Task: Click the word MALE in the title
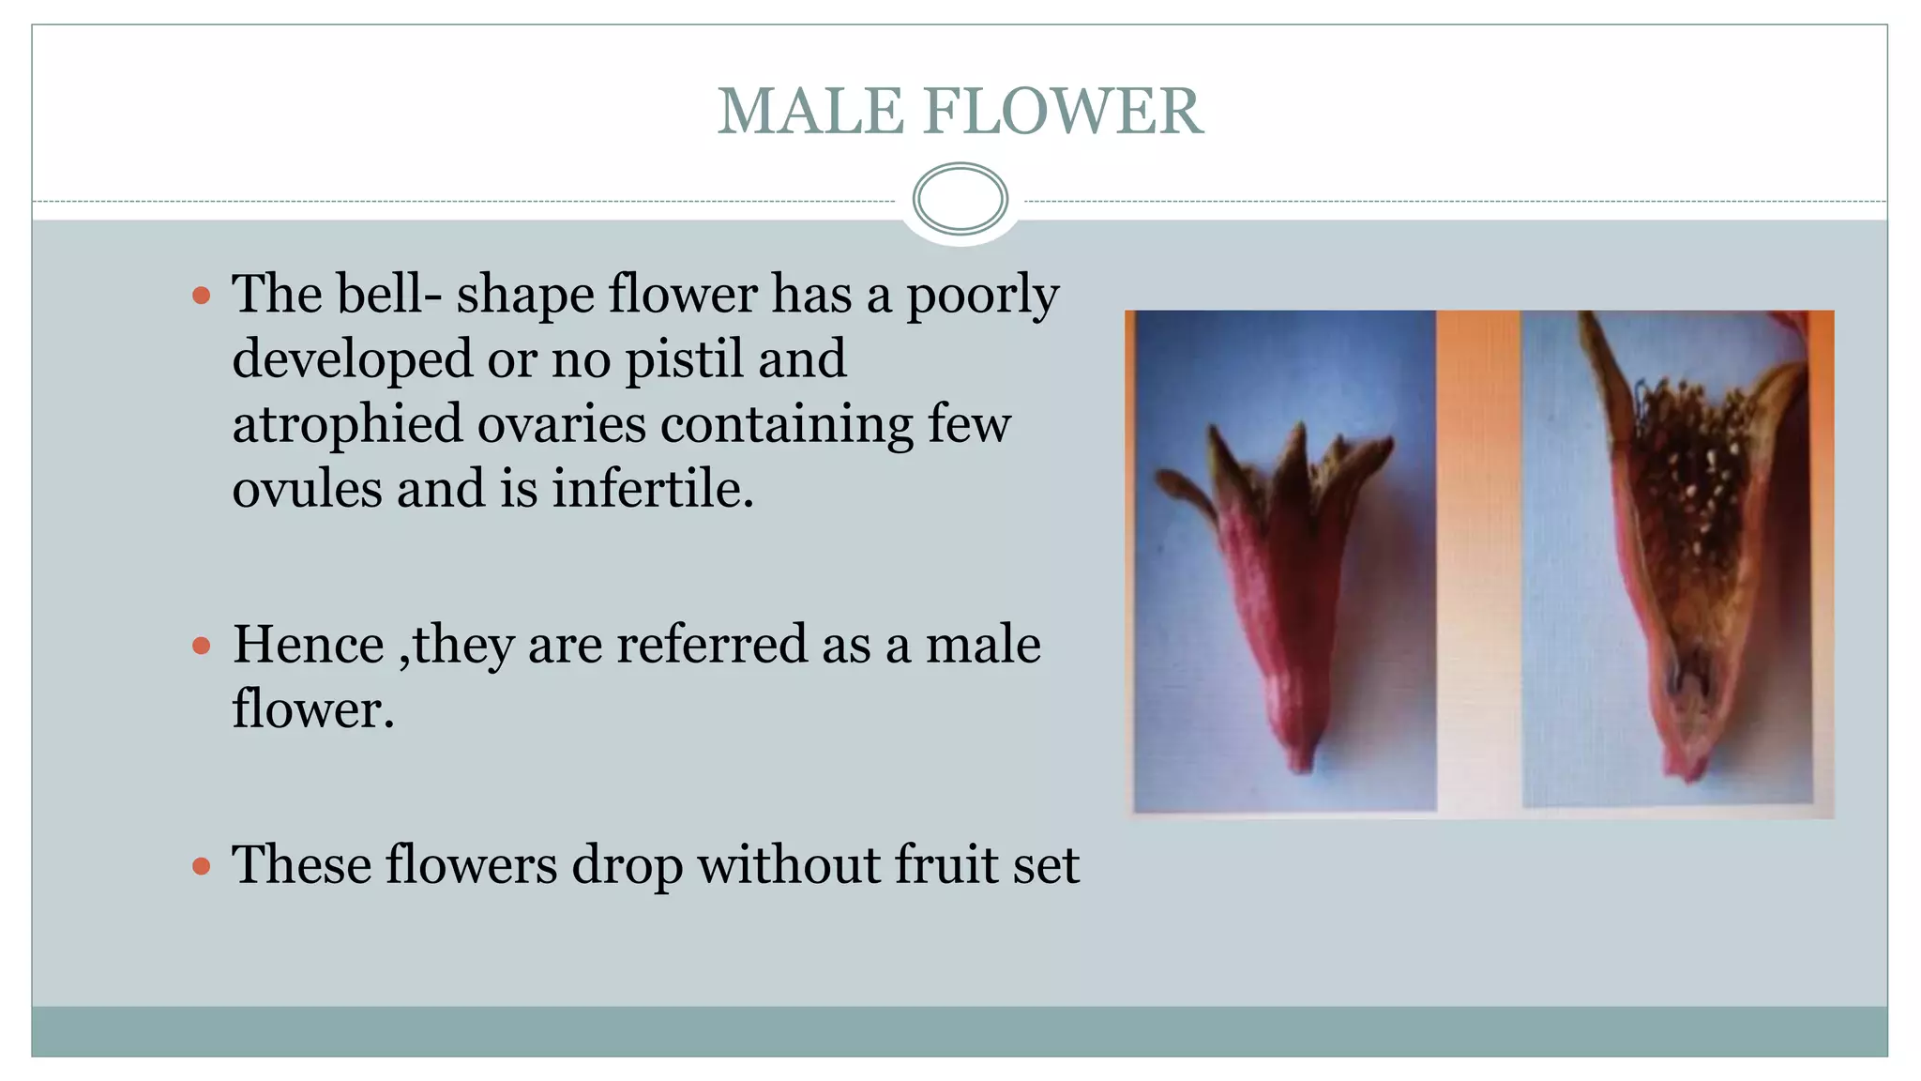[810, 112]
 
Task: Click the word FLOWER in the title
[1063, 112]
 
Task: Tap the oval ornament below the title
[960, 198]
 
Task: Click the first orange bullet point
[201, 297]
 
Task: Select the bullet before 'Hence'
[201, 646]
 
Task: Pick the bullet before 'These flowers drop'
[201, 865]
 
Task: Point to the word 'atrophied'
[347, 424]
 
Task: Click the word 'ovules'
[307, 489]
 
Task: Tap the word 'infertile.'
[653, 489]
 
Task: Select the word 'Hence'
[308, 646]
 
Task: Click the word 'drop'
[627, 866]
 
